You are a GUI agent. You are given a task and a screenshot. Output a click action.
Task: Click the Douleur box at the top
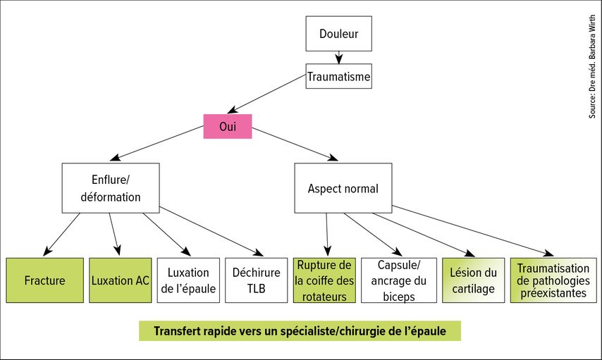click(x=338, y=33)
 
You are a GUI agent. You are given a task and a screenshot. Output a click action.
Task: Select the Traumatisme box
click(x=338, y=76)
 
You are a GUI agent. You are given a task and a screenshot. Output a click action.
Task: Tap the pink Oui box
click(x=227, y=126)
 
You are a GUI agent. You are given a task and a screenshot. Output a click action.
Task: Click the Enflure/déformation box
click(x=111, y=188)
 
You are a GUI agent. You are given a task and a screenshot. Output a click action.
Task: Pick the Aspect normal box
click(x=343, y=188)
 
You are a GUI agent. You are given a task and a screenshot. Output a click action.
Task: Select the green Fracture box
click(x=44, y=280)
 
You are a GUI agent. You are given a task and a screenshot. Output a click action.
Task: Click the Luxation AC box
click(x=120, y=280)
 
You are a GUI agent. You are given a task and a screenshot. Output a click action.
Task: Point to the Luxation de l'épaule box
click(x=188, y=280)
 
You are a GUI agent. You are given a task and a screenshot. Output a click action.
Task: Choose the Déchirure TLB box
click(x=256, y=280)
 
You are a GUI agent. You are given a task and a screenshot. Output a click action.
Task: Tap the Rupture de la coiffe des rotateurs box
click(x=324, y=280)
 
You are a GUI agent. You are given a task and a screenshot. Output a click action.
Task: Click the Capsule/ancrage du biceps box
click(x=399, y=280)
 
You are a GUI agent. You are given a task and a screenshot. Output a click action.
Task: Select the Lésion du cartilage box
click(x=474, y=280)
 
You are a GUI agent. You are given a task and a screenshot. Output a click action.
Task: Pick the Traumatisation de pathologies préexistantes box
click(x=553, y=280)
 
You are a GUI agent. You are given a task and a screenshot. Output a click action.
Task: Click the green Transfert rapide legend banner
click(x=300, y=331)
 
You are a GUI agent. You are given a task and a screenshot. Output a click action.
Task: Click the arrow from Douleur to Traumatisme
click(x=338, y=58)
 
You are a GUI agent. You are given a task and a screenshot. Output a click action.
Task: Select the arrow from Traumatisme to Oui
click(x=266, y=94)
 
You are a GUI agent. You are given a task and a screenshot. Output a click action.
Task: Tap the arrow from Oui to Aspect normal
click(x=295, y=144)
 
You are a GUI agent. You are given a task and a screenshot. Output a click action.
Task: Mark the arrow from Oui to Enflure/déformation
click(x=156, y=143)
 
